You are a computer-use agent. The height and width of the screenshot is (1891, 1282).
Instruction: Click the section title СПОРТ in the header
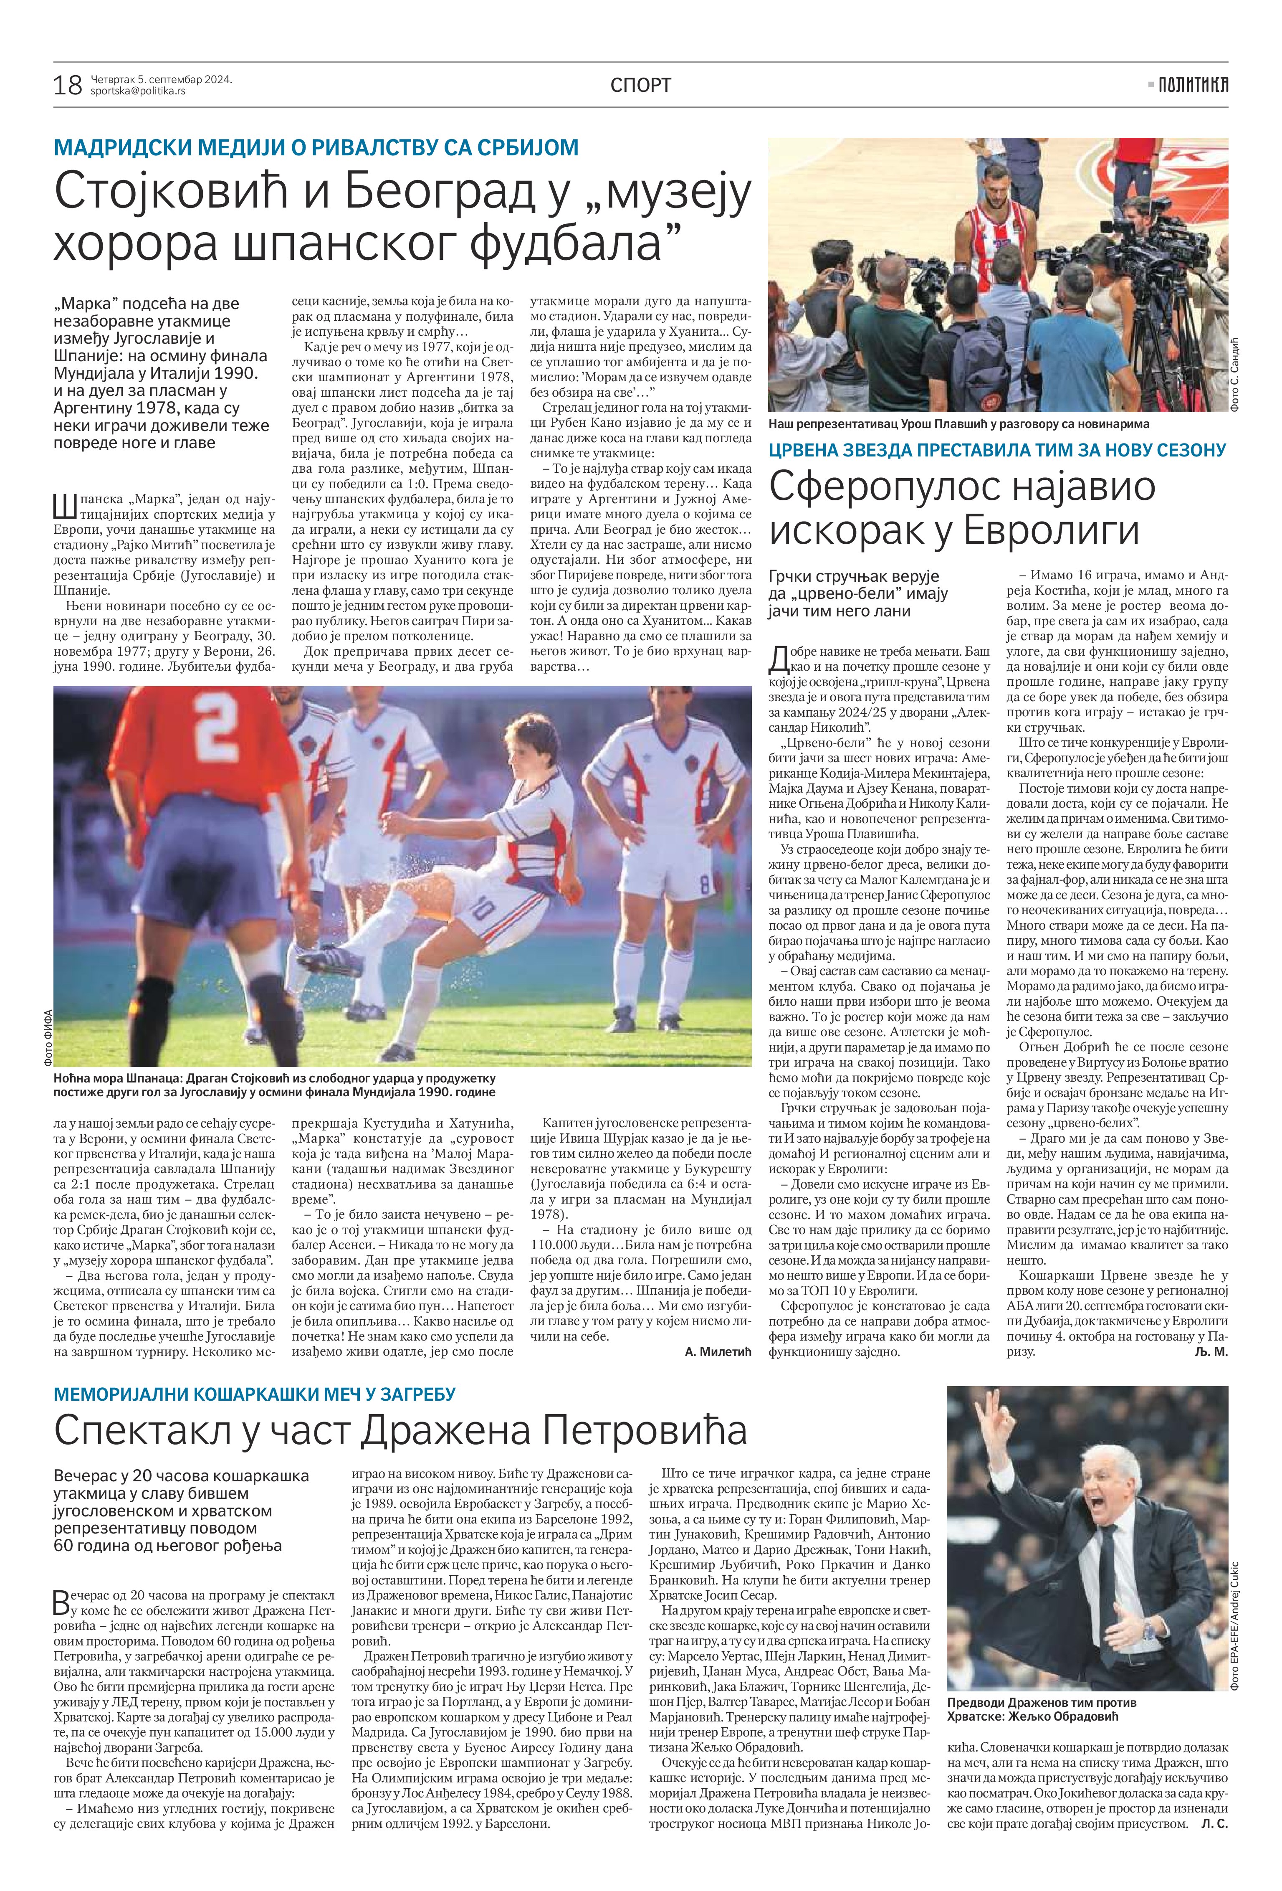point(640,85)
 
